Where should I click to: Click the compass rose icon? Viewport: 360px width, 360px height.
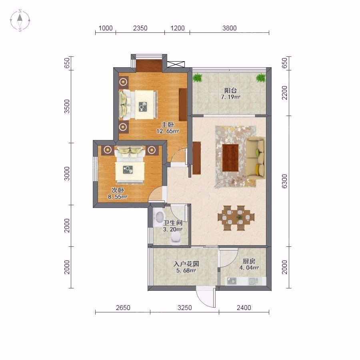[20, 20]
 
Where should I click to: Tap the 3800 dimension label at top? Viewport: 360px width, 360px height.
[229, 28]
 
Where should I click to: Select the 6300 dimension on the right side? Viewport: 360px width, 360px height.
[284, 181]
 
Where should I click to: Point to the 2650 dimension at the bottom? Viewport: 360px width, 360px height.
[123, 308]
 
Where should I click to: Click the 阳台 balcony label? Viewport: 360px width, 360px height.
[230, 90]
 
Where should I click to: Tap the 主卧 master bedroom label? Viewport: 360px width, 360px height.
[168, 125]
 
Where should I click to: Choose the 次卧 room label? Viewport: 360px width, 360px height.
[118, 190]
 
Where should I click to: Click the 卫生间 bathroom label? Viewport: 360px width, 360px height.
[173, 223]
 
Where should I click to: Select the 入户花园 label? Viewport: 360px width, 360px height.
[186, 264]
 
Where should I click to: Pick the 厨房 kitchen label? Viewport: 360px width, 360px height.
[249, 261]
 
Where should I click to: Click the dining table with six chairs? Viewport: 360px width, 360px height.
[236, 218]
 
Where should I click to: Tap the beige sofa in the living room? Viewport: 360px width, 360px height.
[256, 158]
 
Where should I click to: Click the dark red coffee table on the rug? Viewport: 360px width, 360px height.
[230, 158]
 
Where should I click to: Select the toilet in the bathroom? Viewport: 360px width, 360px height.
[176, 237]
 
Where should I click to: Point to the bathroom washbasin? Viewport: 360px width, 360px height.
[160, 217]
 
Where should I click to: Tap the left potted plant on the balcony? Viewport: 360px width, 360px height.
[198, 78]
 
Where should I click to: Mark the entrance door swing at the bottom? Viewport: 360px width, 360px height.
[206, 297]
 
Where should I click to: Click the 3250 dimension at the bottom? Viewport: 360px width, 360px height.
[184, 308]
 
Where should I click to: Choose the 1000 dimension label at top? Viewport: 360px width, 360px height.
[105, 28]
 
